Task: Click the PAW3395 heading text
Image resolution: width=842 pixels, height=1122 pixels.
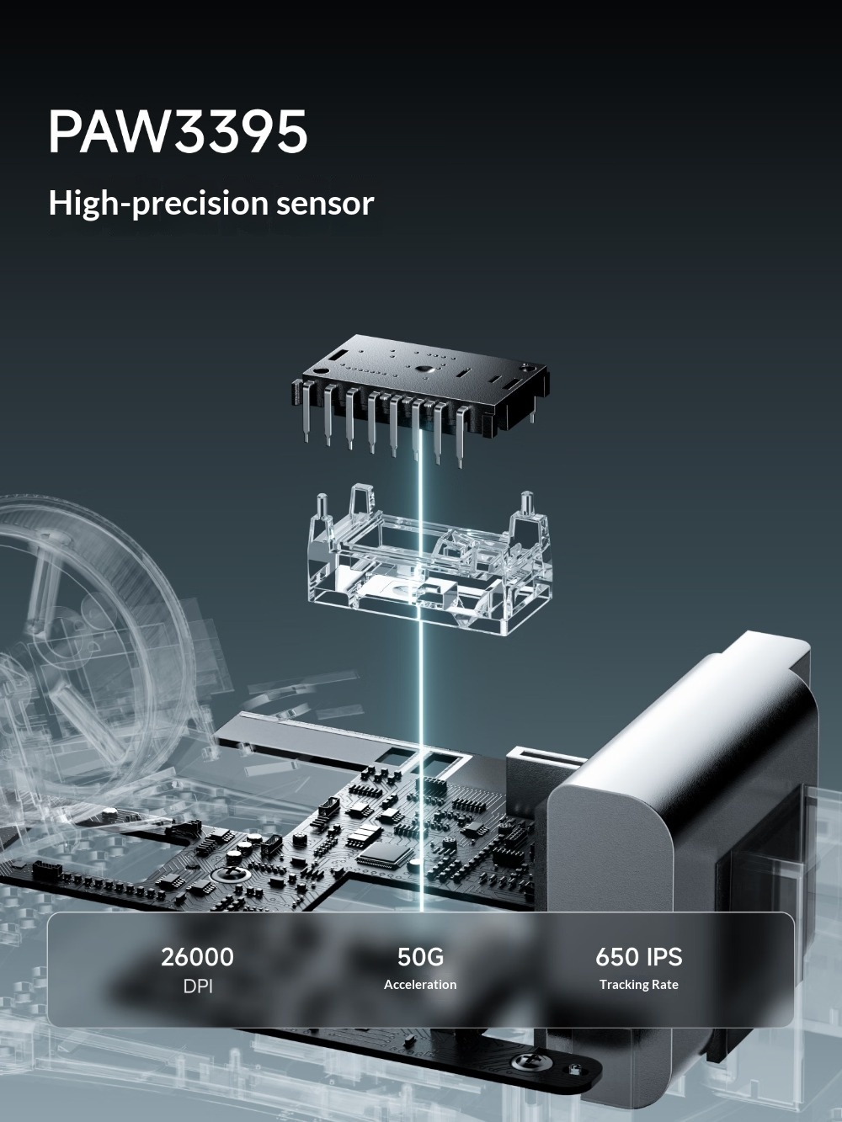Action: coord(178,131)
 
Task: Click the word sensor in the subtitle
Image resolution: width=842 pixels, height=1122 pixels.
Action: coord(325,205)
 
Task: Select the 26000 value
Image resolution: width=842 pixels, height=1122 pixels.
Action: coord(197,957)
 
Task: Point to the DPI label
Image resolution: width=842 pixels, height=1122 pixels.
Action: coord(198,986)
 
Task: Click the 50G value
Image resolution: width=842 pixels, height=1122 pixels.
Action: coord(420,957)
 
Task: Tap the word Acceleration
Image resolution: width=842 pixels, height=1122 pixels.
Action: coord(420,985)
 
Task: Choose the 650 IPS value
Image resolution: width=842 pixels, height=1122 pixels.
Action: coord(638,957)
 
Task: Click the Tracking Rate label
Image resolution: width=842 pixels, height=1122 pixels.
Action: coord(638,985)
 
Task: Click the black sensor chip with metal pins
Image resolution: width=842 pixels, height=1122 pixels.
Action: coord(421,394)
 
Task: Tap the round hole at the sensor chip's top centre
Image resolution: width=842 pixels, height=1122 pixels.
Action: coord(425,369)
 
